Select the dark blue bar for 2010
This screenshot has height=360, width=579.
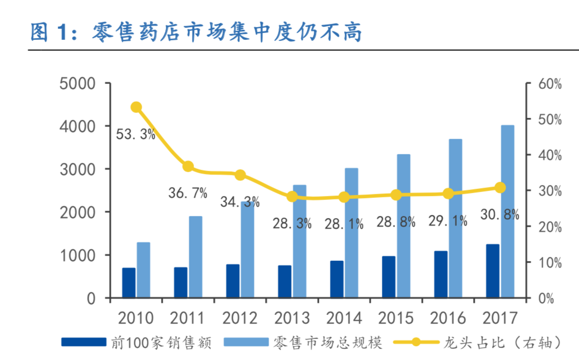[129, 283]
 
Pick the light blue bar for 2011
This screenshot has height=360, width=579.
[196, 257]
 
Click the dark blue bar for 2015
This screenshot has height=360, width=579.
[389, 277]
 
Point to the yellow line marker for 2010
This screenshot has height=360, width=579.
[136, 107]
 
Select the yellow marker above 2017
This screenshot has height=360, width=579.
[500, 188]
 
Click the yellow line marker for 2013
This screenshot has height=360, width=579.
[292, 197]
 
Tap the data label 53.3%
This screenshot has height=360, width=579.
[135, 134]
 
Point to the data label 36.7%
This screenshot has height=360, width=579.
[187, 193]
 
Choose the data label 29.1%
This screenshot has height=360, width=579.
[447, 221]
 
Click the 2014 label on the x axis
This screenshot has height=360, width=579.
[344, 318]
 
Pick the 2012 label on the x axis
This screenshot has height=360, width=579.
[240, 318]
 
